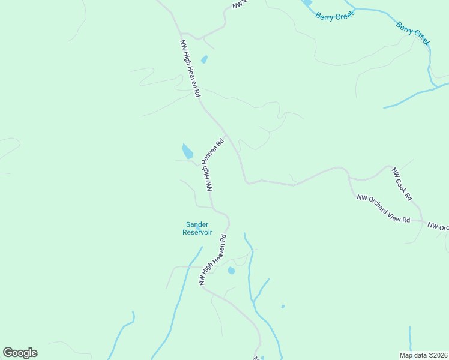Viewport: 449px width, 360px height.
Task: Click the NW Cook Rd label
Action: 402,184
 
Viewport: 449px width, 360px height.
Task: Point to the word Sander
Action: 197,225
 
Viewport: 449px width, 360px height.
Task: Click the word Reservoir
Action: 197,232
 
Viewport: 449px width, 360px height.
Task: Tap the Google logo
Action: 20,353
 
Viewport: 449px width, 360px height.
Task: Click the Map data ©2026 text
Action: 423,355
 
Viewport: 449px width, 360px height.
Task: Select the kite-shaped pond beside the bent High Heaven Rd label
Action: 187,151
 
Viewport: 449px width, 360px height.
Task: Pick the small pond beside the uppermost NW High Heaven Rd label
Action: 204,59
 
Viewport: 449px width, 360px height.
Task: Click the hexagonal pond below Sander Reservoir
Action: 231,271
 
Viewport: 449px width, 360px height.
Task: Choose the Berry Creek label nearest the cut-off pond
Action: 336,16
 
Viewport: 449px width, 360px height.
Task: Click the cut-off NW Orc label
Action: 438,227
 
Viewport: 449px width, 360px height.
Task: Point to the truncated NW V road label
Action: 240,4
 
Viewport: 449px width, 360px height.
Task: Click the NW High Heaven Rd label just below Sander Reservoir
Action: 214,264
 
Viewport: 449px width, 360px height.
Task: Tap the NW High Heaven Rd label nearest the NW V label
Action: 190,69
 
